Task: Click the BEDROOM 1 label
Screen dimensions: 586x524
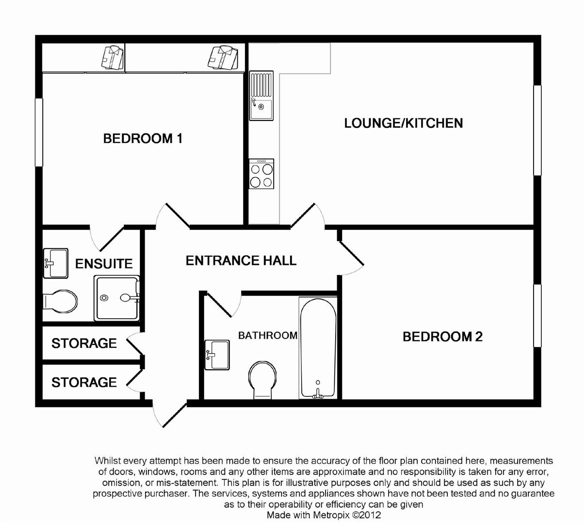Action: [x=143, y=139]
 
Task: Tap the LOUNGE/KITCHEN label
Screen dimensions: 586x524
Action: [x=404, y=123]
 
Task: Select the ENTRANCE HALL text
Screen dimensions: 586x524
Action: [x=241, y=261]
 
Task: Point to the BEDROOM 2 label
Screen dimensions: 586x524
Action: [x=442, y=337]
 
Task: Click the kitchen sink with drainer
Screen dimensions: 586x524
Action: [x=261, y=96]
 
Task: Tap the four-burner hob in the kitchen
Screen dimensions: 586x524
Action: [x=261, y=174]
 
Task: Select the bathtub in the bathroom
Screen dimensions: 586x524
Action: [x=318, y=348]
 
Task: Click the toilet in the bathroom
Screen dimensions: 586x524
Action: [x=262, y=380]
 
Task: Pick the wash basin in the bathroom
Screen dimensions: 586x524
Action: [x=217, y=355]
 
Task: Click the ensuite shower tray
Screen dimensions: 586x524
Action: [x=116, y=298]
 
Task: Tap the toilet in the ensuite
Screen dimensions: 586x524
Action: [x=60, y=301]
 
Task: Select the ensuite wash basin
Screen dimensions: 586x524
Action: [x=55, y=263]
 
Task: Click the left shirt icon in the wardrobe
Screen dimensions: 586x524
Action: [x=112, y=57]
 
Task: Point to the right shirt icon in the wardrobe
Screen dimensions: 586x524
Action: [x=223, y=57]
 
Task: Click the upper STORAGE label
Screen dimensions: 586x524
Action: [x=84, y=344]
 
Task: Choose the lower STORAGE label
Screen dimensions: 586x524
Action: [x=84, y=382]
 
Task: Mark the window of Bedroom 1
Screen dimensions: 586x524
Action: [x=39, y=132]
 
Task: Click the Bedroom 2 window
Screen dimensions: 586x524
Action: [x=537, y=316]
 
